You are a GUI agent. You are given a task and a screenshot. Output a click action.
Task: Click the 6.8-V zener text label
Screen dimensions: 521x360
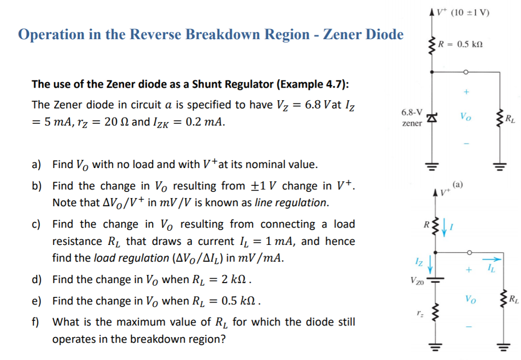pos(411,118)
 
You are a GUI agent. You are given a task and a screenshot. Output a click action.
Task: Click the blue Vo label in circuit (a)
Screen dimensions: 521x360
pos(465,116)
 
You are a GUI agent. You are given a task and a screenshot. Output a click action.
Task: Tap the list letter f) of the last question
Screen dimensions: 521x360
pos(36,322)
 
